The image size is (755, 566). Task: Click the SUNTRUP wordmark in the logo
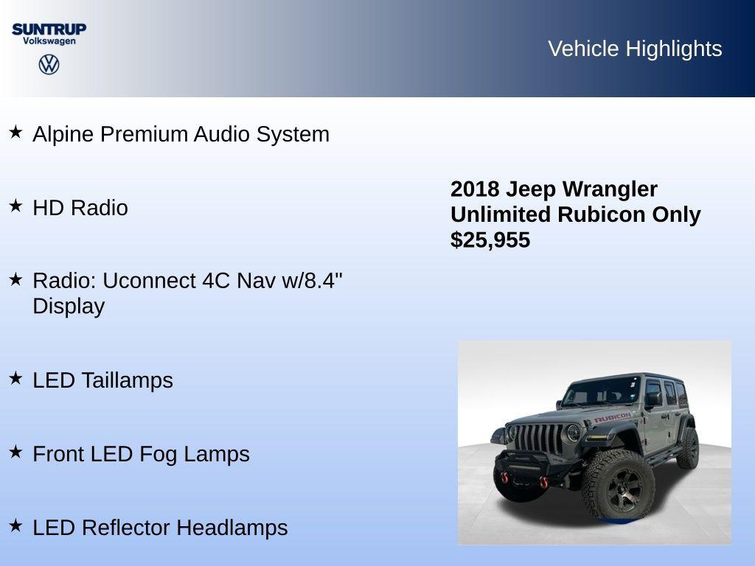click(x=49, y=29)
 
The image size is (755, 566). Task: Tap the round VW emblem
click(x=49, y=65)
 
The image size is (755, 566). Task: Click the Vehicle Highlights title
click(x=635, y=49)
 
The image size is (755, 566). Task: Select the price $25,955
click(x=490, y=240)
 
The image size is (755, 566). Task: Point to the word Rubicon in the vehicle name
click(x=602, y=214)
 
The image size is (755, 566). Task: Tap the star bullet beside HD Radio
click(x=15, y=206)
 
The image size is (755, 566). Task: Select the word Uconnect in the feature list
click(x=144, y=281)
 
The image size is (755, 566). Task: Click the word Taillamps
click(x=127, y=380)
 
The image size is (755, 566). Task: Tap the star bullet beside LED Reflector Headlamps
click(x=15, y=525)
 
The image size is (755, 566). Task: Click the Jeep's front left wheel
click(x=618, y=485)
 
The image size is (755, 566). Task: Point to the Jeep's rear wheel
click(x=688, y=447)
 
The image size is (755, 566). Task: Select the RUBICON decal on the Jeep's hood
click(x=612, y=418)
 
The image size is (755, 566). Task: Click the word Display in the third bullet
click(x=69, y=306)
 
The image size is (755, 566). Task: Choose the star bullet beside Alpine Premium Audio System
click(x=15, y=132)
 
